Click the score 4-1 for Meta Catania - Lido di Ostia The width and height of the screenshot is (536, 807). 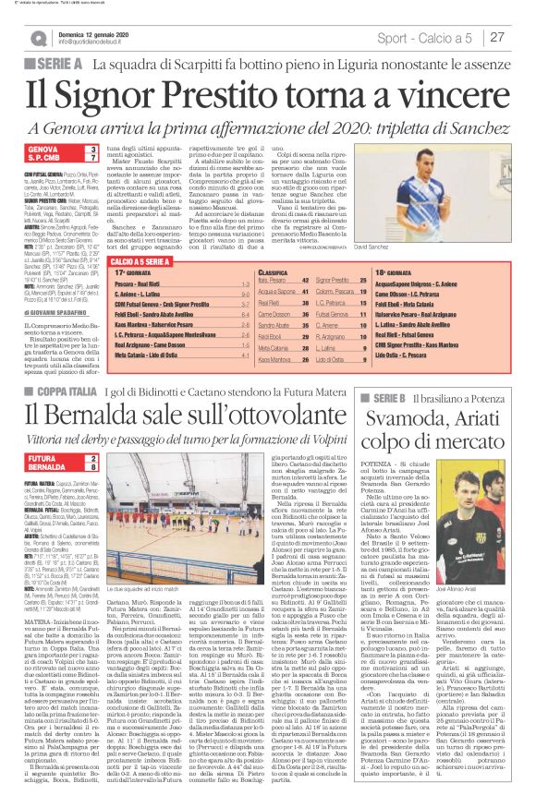coord(242,355)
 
